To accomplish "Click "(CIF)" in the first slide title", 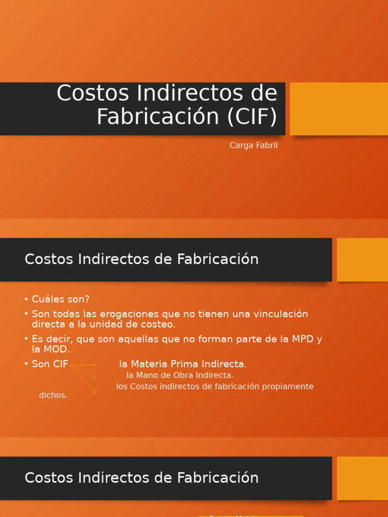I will [x=252, y=117].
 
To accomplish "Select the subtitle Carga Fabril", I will [x=254, y=145].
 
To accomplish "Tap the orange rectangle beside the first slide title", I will [x=338, y=109].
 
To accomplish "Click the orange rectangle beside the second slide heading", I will [x=362, y=260].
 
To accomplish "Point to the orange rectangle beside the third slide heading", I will [x=362, y=478].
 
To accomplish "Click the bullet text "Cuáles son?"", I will [x=61, y=299].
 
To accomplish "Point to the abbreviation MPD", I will [x=303, y=339].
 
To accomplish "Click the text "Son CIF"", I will [x=50, y=364].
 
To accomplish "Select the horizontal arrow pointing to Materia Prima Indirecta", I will [x=83, y=365].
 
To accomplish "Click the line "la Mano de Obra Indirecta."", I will [x=180, y=375].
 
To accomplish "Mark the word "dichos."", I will [x=53, y=395].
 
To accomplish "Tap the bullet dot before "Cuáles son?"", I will [x=26, y=299].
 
